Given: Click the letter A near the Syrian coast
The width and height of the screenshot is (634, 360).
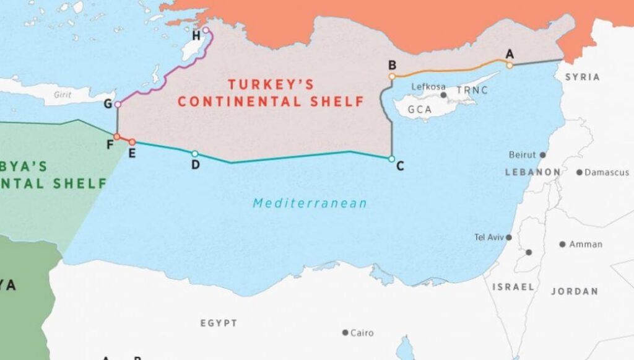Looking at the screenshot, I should point(510,54).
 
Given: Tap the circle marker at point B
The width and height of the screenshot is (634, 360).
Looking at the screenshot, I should point(392,77).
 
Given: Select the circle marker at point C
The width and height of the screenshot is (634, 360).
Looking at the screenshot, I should point(391,159).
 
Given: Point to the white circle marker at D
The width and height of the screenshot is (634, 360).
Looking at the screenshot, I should point(195,154).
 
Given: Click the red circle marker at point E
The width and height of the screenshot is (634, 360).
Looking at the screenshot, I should point(132,142).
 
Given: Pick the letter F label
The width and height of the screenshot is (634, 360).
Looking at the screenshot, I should point(110,146).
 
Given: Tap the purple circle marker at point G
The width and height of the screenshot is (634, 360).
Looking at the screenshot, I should point(118,104).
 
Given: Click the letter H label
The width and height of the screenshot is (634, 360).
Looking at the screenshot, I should point(196,35).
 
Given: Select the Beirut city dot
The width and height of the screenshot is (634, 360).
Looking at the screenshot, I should point(543,155).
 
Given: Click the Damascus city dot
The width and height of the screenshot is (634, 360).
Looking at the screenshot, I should point(580,172).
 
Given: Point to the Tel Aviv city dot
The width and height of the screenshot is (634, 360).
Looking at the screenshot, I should point(509,237).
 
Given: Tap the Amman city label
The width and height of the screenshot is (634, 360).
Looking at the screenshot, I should point(585,244).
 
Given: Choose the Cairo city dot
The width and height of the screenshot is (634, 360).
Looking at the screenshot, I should point(345,333).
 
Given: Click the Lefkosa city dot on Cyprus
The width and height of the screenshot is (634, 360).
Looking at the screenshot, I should point(443,95).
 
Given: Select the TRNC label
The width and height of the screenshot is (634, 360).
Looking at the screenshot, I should point(472,90).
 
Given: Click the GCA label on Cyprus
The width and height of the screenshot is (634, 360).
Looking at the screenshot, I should point(420,110).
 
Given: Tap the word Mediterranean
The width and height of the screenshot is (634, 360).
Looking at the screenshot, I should point(310,203).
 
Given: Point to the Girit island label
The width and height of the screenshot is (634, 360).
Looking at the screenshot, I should point(63,95).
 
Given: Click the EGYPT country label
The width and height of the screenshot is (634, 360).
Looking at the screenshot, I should point(219,323).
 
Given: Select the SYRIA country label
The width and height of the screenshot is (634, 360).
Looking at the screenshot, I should point(582,77).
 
